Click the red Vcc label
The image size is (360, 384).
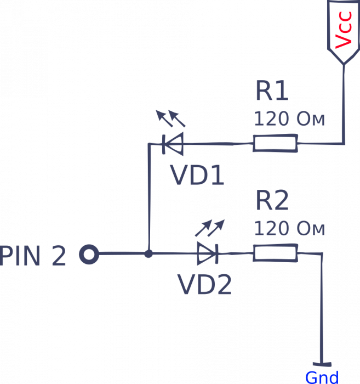click(x=344, y=35)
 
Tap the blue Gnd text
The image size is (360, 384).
click(x=322, y=377)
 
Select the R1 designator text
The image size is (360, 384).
click(x=271, y=92)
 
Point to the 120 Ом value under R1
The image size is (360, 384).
click(x=289, y=119)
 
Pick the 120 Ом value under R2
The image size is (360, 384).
click(x=289, y=229)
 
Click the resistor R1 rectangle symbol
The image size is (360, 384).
click(x=275, y=144)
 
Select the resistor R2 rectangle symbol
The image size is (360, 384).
click(x=275, y=253)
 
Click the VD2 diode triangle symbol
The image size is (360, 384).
click(x=207, y=253)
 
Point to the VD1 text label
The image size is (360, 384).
click(x=197, y=176)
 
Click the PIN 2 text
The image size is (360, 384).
click(x=33, y=256)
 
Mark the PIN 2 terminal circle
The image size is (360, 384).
click(x=89, y=255)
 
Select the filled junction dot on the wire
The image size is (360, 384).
click(x=148, y=254)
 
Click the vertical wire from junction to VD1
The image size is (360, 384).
click(x=148, y=197)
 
